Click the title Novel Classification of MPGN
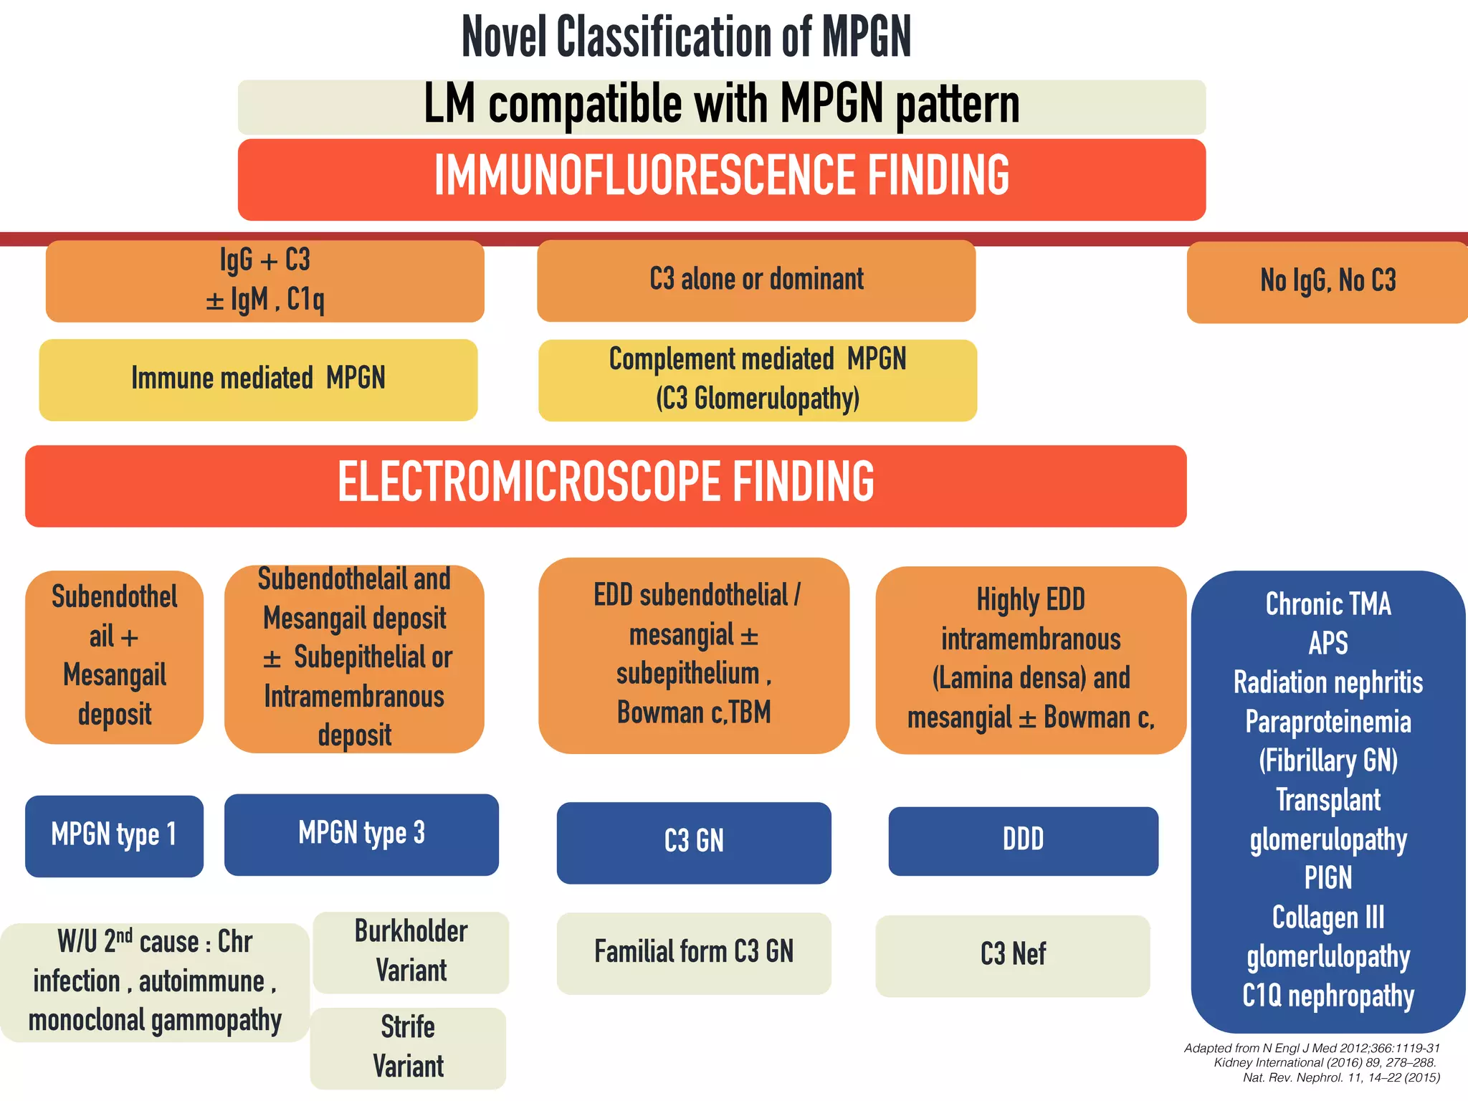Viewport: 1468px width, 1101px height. pos(686,37)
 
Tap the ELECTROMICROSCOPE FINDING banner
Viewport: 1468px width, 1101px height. pos(606,485)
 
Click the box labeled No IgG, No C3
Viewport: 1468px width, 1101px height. pos(1328,282)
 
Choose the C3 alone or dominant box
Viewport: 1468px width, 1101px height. pos(756,280)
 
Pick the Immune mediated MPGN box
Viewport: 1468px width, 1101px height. pos(258,379)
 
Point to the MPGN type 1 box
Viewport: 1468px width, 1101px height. pos(114,836)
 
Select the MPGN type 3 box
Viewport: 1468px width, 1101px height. pos(361,834)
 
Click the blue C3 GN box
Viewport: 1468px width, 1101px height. pos(694,842)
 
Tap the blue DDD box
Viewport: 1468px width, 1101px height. pos(1023,841)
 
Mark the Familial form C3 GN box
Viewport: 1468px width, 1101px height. pos(694,953)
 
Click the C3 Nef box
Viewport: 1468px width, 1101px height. pos(1012,955)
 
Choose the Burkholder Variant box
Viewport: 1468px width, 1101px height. pos(411,952)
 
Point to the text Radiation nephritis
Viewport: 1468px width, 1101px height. pos(1328,683)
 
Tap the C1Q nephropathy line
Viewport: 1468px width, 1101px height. pos(1328,996)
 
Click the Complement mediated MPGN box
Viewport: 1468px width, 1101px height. pos(758,380)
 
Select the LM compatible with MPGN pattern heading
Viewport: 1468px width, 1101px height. pos(721,105)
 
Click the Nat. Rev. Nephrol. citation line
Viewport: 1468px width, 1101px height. pos(1341,1078)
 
